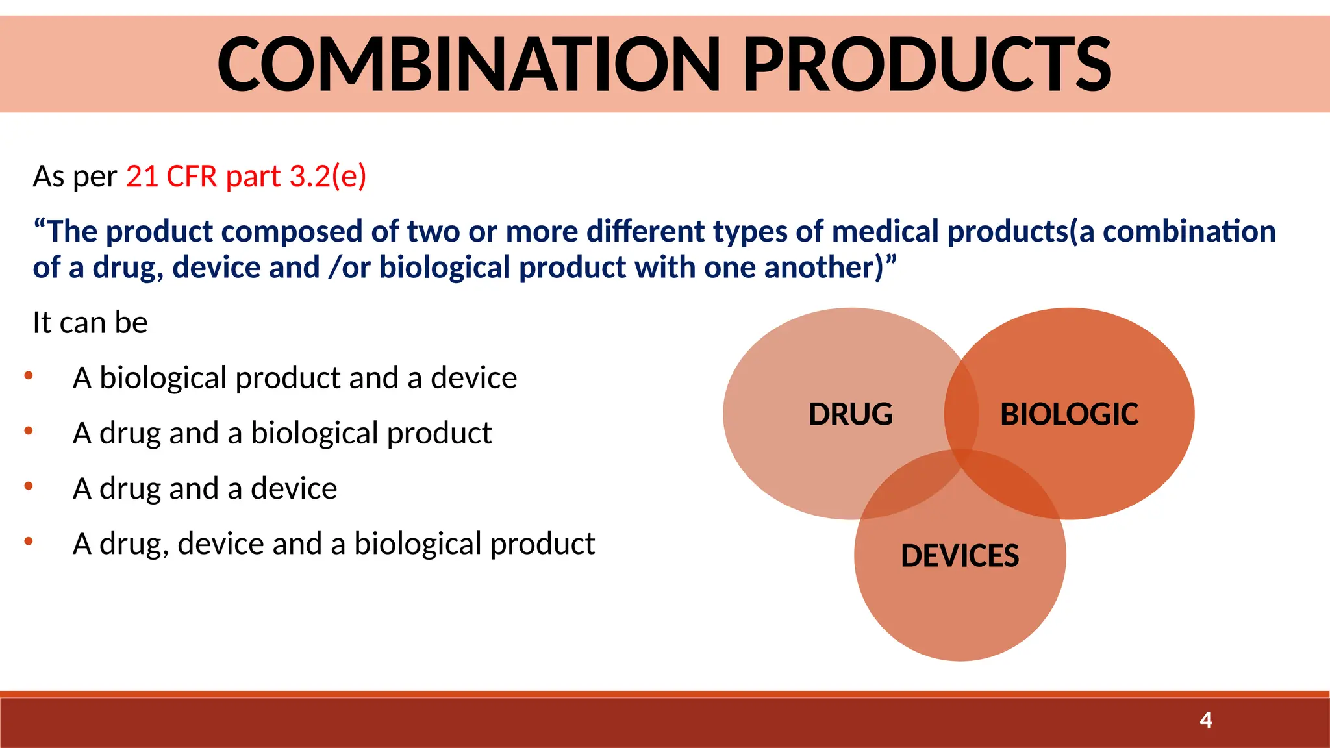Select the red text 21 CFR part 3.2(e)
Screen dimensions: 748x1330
(x=246, y=177)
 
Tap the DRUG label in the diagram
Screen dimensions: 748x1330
(x=850, y=414)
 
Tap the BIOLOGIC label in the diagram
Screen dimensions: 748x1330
(x=1069, y=414)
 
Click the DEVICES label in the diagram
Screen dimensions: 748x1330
(x=960, y=556)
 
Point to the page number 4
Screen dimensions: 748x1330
(x=1205, y=720)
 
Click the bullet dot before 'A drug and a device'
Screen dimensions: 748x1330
(x=29, y=486)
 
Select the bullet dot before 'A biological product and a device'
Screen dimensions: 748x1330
(x=29, y=375)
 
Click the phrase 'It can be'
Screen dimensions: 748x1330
(x=90, y=323)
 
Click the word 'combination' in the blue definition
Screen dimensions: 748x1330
(x=1189, y=232)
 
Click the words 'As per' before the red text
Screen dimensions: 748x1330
(x=75, y=177)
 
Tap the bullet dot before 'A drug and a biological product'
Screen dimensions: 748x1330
(x=29, y=430)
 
